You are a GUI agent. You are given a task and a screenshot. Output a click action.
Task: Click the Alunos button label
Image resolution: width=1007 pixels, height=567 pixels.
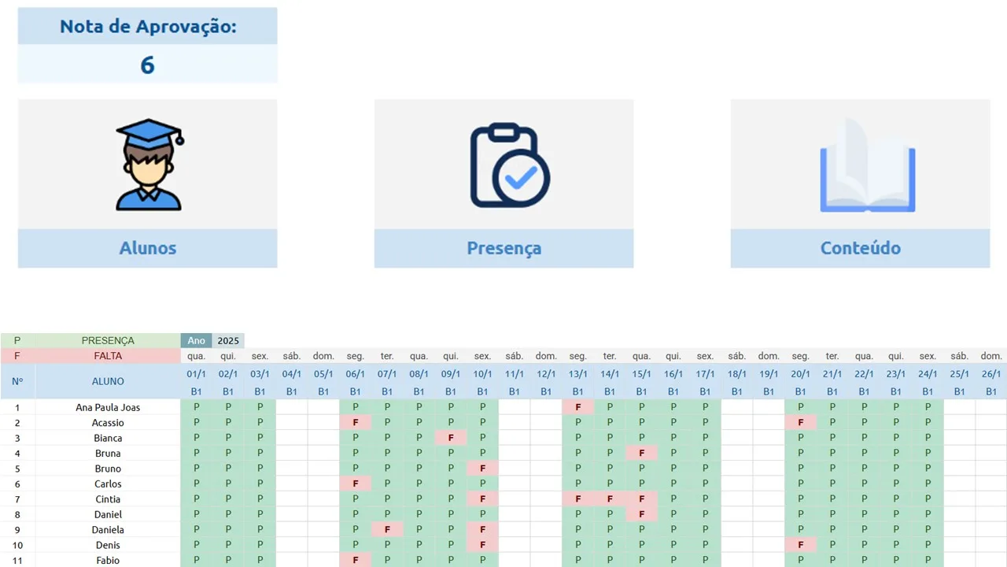click(x=147, y=248)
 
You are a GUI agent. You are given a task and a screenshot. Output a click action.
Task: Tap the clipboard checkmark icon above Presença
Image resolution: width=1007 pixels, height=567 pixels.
click(x=509, y=165)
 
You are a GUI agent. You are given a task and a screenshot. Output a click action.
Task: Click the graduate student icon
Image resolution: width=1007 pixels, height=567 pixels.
click(x=149, y=165)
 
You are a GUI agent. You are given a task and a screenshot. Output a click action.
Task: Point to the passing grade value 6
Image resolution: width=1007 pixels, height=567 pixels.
click(x=147, y=65)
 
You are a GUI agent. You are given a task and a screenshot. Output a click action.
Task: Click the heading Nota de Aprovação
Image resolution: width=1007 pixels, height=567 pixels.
click(x=148, y=26)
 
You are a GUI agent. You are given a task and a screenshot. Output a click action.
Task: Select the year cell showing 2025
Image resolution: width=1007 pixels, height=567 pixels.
click(x=228, y=341)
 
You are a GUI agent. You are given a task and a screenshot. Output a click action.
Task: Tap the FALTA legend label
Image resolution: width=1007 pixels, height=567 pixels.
click(x=108, y=356)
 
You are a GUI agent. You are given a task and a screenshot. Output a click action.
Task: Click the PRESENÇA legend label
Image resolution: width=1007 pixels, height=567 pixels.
click(x=108, y=341)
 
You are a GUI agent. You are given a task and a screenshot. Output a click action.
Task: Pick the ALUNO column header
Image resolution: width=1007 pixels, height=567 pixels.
click(x=108, y=381)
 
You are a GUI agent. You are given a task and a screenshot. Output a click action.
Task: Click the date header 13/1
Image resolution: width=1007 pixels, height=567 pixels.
click(x=578, y=374)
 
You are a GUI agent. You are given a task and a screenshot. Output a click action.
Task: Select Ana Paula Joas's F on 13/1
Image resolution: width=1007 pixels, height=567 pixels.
click(x=578, y=407)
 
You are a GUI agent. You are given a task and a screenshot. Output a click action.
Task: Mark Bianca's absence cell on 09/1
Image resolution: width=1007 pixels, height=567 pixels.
click(x=451, y=438)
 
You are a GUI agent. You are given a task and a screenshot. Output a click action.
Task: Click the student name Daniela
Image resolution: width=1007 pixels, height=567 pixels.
click(x=108, y=530)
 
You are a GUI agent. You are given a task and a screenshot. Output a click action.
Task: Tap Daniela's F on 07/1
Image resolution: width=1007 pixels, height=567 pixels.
click(x=387, y=530)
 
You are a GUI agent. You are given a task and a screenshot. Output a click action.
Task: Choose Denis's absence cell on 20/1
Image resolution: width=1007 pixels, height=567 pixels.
click(x=801, y=545)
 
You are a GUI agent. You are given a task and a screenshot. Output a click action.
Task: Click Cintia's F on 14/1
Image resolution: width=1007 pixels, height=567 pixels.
click(x=610, y=499)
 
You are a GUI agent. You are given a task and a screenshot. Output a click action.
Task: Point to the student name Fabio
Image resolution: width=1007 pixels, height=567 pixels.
click(x=108, y=560)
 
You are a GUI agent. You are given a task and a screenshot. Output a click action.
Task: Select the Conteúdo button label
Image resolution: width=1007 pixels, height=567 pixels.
click(x=860, y=248)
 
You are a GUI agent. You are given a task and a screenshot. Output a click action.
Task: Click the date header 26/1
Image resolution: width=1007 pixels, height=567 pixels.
click(x=991, y=374)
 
